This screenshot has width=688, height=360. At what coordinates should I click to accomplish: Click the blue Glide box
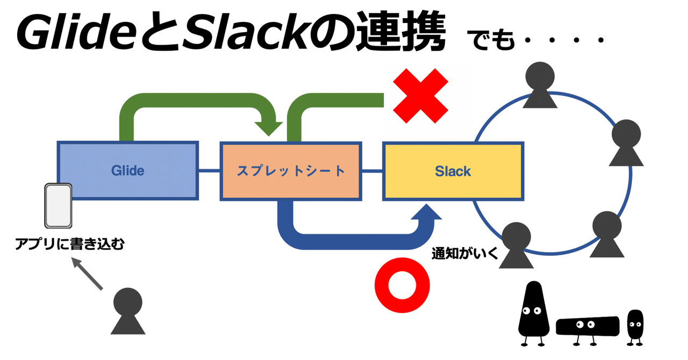click(x=128, y=171)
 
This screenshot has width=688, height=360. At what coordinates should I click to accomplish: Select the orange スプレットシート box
click(x=291, y=171)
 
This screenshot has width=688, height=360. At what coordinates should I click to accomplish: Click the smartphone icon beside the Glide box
click(x=58, y=206)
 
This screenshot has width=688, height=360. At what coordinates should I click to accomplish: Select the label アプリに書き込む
click(x=69, y=245)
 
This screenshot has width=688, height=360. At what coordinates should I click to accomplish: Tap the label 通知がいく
click(x=464, y=254)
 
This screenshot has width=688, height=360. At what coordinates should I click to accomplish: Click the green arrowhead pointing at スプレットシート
click(x=268, y=128)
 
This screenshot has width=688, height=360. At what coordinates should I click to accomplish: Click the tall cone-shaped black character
click(x=533, y=312)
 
